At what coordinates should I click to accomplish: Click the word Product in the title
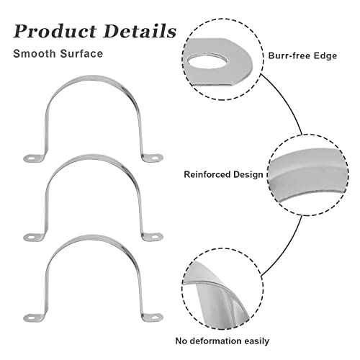point(55,31)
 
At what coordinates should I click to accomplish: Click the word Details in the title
point(140,31)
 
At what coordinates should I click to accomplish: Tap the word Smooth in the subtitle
point(35,53)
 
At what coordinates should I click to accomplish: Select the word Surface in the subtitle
point(81,53)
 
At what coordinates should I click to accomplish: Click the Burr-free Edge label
point(302,55)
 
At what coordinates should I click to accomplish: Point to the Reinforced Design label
point(223,174)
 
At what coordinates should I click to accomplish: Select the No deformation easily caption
point(222,341)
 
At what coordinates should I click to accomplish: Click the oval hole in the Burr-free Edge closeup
point(208,62)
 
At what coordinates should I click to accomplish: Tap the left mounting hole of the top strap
point(31,158)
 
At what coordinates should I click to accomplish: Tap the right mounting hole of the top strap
point(156,158)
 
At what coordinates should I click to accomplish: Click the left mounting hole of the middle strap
point(31,238)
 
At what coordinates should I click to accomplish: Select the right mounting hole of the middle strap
point(156,237)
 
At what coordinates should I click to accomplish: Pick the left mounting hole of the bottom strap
point(31,318)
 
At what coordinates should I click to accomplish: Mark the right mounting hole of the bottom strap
point(156,318)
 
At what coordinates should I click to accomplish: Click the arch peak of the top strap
point(91,78)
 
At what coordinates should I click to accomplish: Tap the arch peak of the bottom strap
point(91,238)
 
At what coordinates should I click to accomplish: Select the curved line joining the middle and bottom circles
point(287,250)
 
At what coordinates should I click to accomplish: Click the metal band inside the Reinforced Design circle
point(308,178)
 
